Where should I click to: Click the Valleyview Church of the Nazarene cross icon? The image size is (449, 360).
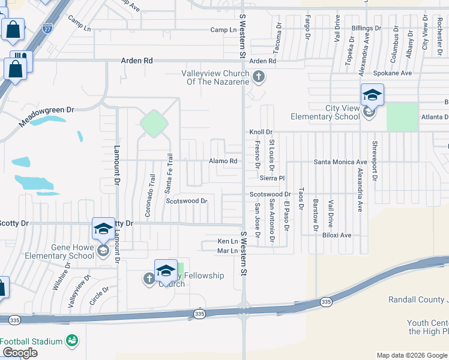(x=259, y=77)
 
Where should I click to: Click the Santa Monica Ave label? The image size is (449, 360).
(x=340, y=162)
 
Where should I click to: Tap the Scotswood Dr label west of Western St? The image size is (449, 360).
(x=187, y=201)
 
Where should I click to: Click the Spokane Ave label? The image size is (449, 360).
(x=393, y=73)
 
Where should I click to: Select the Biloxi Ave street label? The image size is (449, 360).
(x=336, y=235)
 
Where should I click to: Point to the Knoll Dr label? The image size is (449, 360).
(x=261, y=132)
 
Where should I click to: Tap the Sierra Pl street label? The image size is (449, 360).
(x=271, y=178)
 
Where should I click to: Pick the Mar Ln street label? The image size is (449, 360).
(x=228, y=251)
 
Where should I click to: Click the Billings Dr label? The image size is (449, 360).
(x=366, y=28)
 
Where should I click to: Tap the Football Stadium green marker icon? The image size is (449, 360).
(x=72, y=341)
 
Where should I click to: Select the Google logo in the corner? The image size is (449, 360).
(x=20, y=353)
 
